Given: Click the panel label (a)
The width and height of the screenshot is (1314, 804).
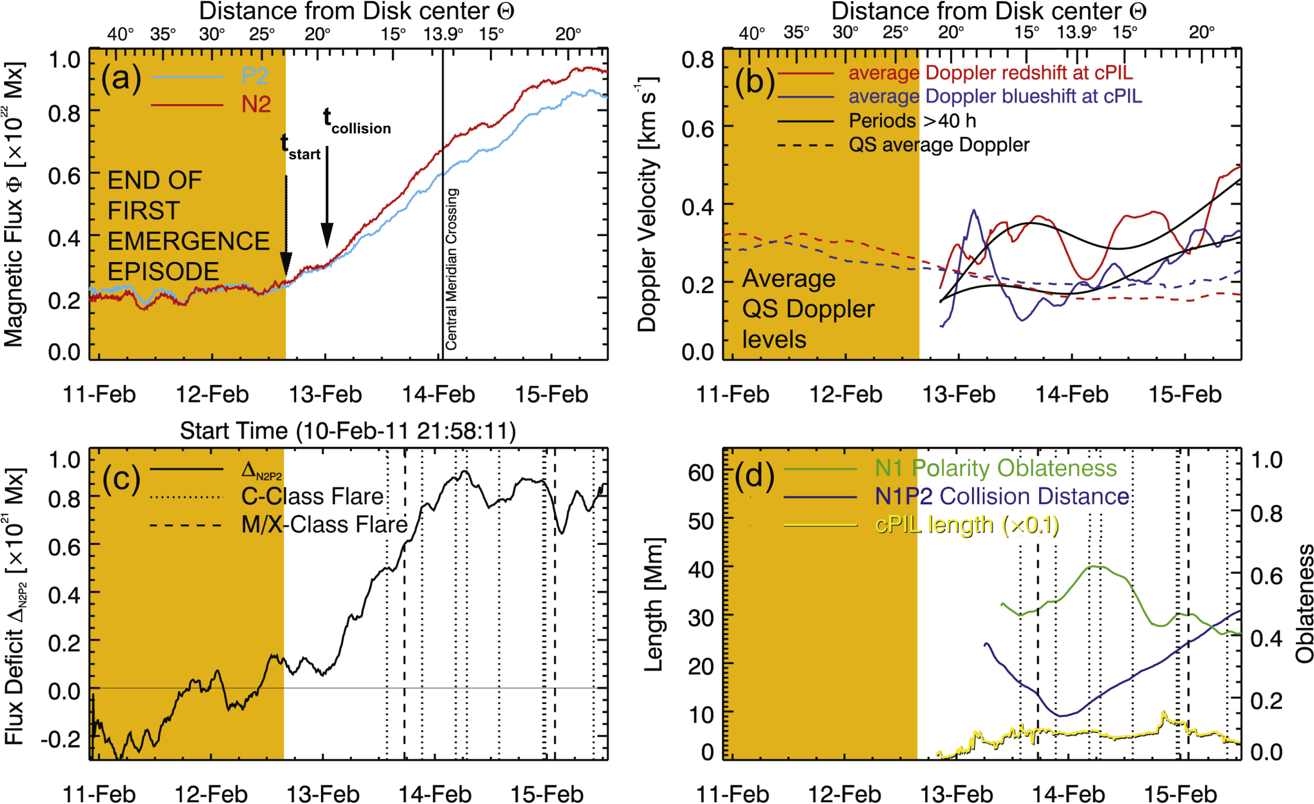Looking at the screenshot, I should [121, 79].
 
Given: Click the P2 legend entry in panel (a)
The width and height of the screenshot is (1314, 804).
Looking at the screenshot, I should [255, 76].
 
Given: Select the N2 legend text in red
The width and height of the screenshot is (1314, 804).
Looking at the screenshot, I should [256, 105].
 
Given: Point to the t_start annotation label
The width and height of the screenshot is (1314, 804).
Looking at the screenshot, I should [300, 147].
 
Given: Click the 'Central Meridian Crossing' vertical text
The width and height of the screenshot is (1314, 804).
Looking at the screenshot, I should [452, 269].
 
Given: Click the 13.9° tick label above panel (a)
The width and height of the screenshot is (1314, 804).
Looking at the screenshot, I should [443, 34].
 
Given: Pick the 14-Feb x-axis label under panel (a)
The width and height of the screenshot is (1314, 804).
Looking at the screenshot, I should [438, 395].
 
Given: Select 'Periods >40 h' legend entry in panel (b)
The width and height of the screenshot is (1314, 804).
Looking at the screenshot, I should [912, 121].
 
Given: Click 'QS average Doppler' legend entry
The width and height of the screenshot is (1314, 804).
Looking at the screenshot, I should [939, 145].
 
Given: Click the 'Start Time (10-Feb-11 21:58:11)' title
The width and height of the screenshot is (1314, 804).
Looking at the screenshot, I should [348, 431].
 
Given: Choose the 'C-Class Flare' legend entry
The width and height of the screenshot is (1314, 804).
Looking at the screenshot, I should [312, 496].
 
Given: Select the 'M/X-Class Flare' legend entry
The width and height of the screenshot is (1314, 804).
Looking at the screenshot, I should [325, 525].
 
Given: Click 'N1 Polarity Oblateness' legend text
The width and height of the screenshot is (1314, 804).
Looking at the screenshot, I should [995, 468].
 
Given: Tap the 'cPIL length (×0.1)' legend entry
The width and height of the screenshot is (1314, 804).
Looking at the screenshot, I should [966, 525].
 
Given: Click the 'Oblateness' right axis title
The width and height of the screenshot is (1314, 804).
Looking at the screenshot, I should [1304, 603].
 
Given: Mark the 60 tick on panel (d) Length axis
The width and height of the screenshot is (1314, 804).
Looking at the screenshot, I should [701, 472].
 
